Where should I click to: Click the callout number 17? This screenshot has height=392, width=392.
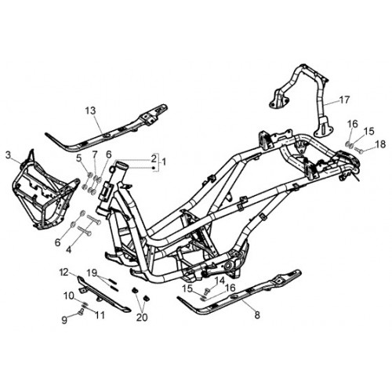point(344,100)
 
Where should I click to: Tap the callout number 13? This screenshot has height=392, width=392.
point(91,111)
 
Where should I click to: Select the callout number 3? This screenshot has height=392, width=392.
point(9,155)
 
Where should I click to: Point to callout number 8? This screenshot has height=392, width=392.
point(257,315)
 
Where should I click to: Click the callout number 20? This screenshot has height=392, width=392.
point(142,318)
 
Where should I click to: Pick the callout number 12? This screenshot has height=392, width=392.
point(64,272)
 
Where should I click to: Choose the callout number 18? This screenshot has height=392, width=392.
point(380,144)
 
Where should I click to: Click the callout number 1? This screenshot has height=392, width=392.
point(164,162)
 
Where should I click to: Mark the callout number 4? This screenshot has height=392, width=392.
point(68,250)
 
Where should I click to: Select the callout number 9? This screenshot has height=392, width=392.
point(64,320)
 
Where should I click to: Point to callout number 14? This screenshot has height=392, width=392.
point(220,281)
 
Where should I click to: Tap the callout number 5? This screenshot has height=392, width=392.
point(79,158)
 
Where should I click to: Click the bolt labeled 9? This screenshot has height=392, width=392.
point(80,312)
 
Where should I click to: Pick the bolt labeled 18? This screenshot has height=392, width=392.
point(358,151)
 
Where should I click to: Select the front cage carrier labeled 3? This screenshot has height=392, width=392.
point(45,190)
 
